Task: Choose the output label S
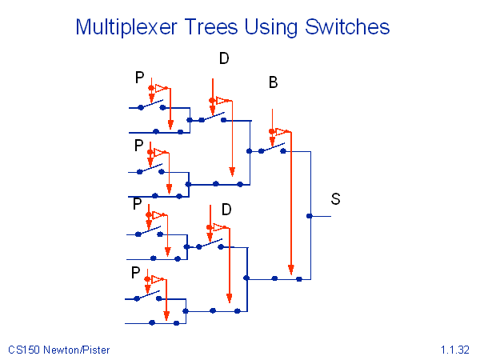click(336, 199)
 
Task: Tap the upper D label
click(223, 58)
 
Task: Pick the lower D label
click(226, 210)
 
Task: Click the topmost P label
click(140, 78)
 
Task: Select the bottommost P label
click(136, 273)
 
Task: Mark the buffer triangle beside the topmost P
click(162, 86)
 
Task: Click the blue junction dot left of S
click(310, 215)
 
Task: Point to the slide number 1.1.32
click(454, 350)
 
